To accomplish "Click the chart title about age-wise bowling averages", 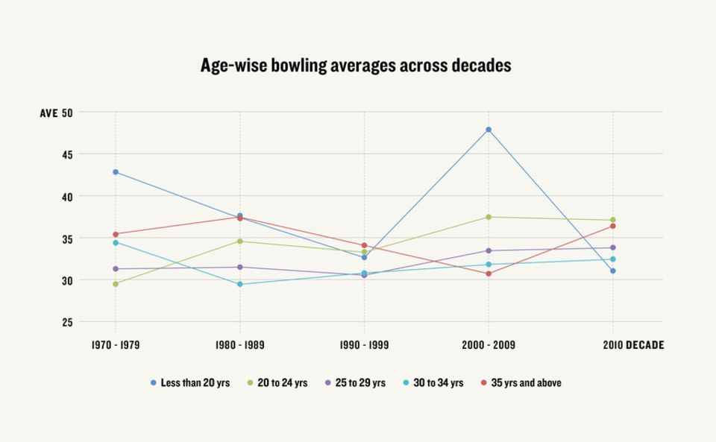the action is pos(356,66).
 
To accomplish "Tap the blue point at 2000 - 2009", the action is pos(489,130).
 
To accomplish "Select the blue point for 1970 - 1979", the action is pos(116,172).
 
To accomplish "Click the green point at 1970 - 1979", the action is pos(116,284).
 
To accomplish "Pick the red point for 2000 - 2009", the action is pos(489,274).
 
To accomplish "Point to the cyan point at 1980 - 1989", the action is pos(239,284).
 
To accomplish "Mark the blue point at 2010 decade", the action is pos(613,271).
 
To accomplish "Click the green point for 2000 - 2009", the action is pos(489,217).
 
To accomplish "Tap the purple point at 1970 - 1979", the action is pos(116,268).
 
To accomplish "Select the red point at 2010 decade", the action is pos(613,226).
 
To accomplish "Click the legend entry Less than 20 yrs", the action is pos(190,382).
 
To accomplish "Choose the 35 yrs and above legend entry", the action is pos(521,382).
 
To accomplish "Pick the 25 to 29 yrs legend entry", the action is pos(355,382).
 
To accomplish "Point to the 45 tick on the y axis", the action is pos(68,155).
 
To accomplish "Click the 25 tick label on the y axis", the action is pos(68,323).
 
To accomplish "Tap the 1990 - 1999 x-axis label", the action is pos(364,345).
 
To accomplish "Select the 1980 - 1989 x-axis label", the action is pos(239,345).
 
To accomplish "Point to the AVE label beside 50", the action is pos(49,113).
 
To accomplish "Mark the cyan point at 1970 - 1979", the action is pos(116,243).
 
